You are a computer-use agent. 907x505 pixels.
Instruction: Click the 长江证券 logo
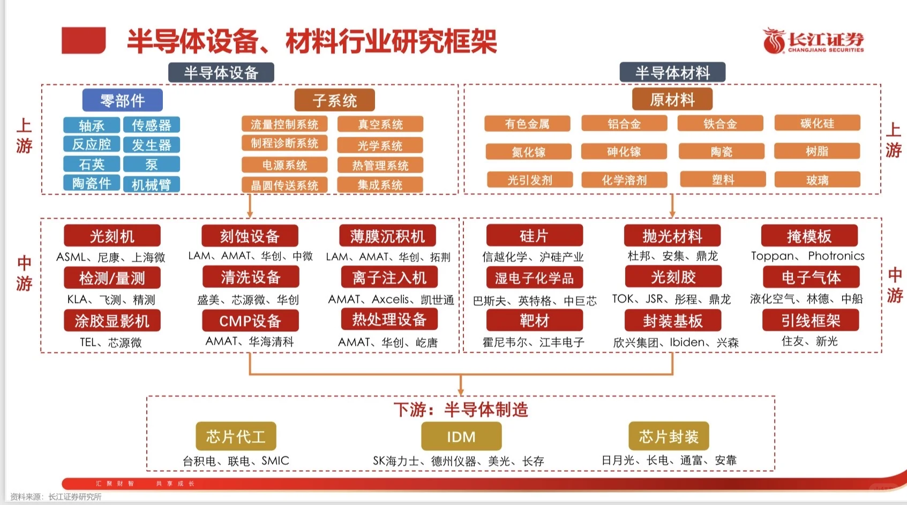pyautogui.click(x=813, y=41)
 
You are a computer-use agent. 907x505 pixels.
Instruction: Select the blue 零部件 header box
pyautogui.click(x=123, y=100)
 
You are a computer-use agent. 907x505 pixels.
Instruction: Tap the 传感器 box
pyautogui.click(x=152, y=125)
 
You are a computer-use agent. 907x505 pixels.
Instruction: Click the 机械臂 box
pyautogui.click(x=152, y=184)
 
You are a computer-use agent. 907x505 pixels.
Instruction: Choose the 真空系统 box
pyautogui.click(x=380, y=124)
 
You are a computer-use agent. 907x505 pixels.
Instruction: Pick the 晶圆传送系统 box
pyautogui.click(x=284, y=185)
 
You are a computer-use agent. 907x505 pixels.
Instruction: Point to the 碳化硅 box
pyautogui.click(x=817, y=123)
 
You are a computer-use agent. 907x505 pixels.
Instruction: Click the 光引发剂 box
pyautogui.click(x=529, y=180)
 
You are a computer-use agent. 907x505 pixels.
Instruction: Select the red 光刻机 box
pyautogui.click(x=112, y=236)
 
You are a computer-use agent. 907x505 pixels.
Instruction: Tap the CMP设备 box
pyautogui.click(x=250, y=321)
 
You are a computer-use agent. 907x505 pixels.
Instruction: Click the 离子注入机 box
pyautogui.click(x=389, y=277)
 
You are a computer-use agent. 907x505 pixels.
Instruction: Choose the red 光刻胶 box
pyautogui.click(x=673, y=277)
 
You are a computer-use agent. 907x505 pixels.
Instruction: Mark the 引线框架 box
pyautogui.click(x=811, y=321)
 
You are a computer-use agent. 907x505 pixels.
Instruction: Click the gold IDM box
pyautogui.click(x=461, y=436)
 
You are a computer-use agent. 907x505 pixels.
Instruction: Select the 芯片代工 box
pyautogui.click(x=236, y=436)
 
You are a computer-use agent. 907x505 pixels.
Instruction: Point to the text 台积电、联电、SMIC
pyautogui.click(x=236, y=461)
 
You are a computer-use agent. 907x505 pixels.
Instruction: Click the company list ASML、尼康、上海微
pyautogui.click(x=111, y=257)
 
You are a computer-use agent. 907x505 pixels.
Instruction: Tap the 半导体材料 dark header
pyautogui.click(x=672, y=72)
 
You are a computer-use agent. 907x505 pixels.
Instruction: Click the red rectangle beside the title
pyautogui.click(x=84, y=41)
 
